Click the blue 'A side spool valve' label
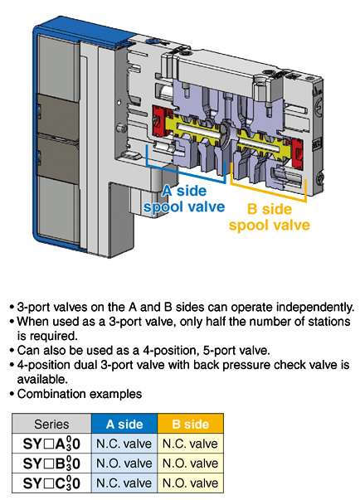tap(184, 199)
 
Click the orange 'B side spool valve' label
tap(270, 217)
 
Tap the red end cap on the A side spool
tap(159, 121)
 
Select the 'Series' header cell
tap(51, 424)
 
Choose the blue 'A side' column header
tap(124, 424)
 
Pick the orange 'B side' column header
tap(190, 424)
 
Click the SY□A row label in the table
tap(51, 444)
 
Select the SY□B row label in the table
tap(51, 463)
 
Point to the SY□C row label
tap(51, 483)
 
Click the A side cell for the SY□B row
tap(124, 463)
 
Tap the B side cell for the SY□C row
tap(190, 483)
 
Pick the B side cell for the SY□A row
tap(190, 444)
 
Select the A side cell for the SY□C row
tap(124, 483)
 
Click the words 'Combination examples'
tap(80, 394)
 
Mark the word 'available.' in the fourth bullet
tap(42, 380)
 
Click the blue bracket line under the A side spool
tap(186, 172)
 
